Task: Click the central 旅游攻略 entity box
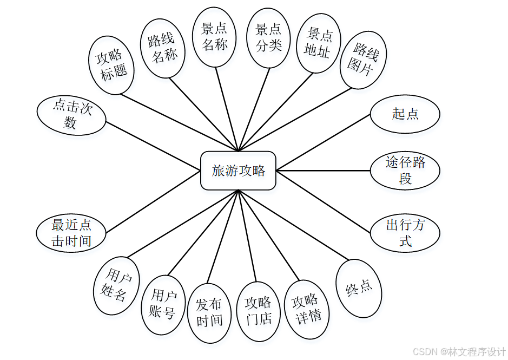(238, 171)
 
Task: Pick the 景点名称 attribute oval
(215, 37)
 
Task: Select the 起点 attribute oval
(405, 114)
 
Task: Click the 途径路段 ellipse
(405, 170)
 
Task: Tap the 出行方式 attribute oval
(405, 233)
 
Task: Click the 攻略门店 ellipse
(259, 311)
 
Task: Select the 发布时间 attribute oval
(209, 312)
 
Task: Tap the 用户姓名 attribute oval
(117, 286)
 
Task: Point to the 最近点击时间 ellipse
(71, 233)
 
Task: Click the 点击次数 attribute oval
(71, 115)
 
